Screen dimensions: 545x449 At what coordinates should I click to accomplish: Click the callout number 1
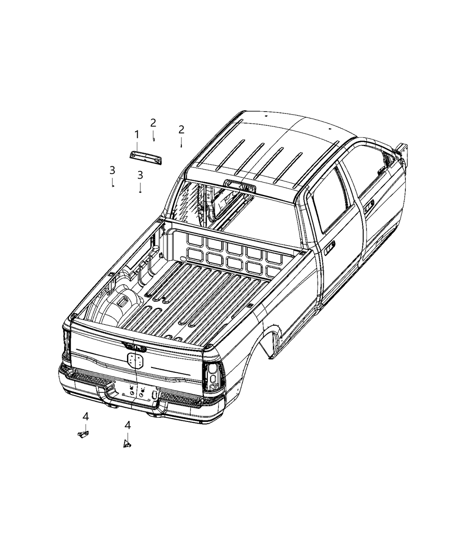[x=137, y=135]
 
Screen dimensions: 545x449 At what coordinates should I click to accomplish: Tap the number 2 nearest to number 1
[x=153, y=123]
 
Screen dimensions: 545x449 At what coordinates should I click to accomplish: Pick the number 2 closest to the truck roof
[x=181, y=130]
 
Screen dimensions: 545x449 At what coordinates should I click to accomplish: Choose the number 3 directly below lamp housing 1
[x=140, y=175]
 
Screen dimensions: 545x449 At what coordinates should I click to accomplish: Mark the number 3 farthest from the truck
[x=112, y=170]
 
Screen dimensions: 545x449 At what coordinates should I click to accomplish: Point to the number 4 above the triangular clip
[x=127, y=425]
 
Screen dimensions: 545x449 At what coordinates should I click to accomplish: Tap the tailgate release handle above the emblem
[x=134, y=347]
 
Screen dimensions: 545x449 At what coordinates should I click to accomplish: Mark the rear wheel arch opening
[x=269, y=338]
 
